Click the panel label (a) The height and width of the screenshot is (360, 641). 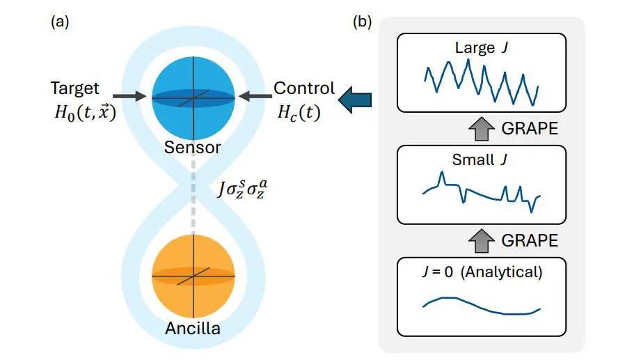60,22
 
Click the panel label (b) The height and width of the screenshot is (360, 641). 362,22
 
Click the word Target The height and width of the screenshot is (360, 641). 74,88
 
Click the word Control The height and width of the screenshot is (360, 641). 303,88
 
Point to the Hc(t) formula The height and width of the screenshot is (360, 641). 297,113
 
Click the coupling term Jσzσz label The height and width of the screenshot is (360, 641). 242,190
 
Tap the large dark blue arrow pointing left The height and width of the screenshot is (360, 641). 355,100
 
